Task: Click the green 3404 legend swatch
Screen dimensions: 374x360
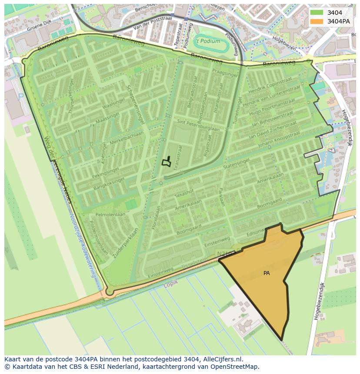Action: tap(317, 13)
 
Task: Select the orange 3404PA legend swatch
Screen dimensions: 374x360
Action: tap(317, 21)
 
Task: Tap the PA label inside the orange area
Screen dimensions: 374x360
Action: tap(267, 273)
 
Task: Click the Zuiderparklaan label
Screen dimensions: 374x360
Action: tap(126, 244)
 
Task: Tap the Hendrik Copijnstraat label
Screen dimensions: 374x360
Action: tap(270, 86)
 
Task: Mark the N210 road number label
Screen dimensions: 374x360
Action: tap(222, 252)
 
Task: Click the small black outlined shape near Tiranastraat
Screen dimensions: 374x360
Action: tap(167, 162)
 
